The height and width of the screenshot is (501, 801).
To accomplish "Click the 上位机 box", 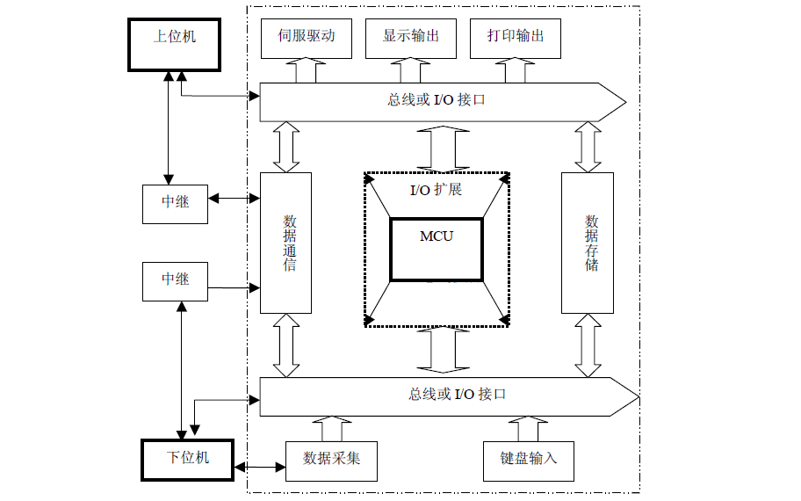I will pyautogui.click(x=174, y=45).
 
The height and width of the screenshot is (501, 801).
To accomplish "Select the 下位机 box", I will pyautogui.click(x=188, y=458).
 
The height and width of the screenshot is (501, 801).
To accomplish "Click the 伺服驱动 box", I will pyautogui.click(x=307, y=37).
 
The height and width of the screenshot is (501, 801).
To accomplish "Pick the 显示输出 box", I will pyautogui.click(x=411, y=37).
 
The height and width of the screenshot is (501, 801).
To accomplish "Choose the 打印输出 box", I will pyautogui.click(x=516, y=37).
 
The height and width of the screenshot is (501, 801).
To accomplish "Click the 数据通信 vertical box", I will pyautogui.click(x=286, y=243).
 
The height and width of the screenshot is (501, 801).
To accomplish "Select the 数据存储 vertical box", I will pyautogui.click(x=588, y=243).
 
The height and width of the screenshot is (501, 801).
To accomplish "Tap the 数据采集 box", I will pyautogui.click(x=331, y=459).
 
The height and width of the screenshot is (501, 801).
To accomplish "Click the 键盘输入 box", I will pyautogui.click(x=529, y=459).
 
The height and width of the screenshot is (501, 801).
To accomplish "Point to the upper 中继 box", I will pyautogui.click(x=176, y=202).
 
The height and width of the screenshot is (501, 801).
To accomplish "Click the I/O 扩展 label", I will pyautogui.click(x=437, y=190).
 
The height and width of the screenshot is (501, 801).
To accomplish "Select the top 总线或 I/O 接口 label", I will pyautogui.click(x=437, y=99).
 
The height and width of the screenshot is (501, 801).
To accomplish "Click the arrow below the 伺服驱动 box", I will pyautogui.click(x=307, y=69).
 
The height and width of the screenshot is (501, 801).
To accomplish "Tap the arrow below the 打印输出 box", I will pyautogui.click(x=516, y=69).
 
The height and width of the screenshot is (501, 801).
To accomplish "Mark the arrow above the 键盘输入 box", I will pyautogui.click(x=529, y=428).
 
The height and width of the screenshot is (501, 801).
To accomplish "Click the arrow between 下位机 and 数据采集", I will pyautogui.click(x=260, y=467).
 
